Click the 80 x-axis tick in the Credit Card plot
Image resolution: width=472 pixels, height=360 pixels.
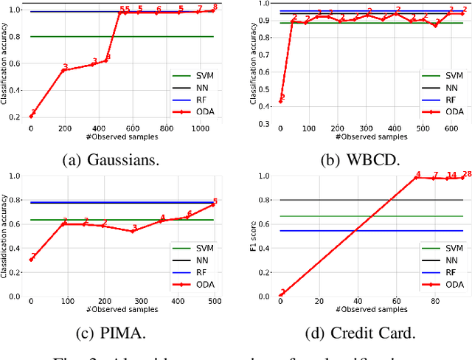tap(434, 301)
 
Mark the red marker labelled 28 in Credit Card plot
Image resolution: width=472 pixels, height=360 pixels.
tap(462, 177)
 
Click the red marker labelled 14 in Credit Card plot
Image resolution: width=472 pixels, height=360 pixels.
tap(451, 179)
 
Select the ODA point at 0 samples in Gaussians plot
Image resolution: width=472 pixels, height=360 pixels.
tap(31, 116)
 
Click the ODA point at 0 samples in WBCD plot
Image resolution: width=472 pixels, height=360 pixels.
tap(280, 101)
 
